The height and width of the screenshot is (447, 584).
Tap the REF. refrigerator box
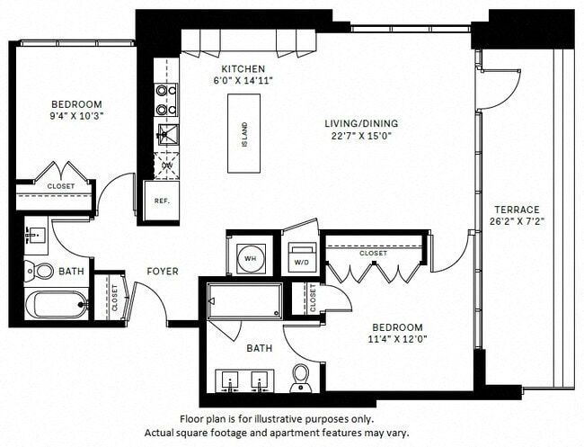tap(162, 201)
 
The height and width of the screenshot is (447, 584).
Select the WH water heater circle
tap(251, 257)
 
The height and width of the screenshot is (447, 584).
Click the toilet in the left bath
tap(40, 270)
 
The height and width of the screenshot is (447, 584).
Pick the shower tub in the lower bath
tap(256, 298)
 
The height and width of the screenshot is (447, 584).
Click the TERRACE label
tap(517, 209)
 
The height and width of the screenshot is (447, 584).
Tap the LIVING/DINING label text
tap(363, 123)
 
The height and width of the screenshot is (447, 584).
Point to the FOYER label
tap(163, 271)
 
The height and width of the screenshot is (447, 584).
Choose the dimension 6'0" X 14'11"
tap(243, 80)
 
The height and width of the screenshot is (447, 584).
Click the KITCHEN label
tap(243, 68)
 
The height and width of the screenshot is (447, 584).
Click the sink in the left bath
tap(38, 236)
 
